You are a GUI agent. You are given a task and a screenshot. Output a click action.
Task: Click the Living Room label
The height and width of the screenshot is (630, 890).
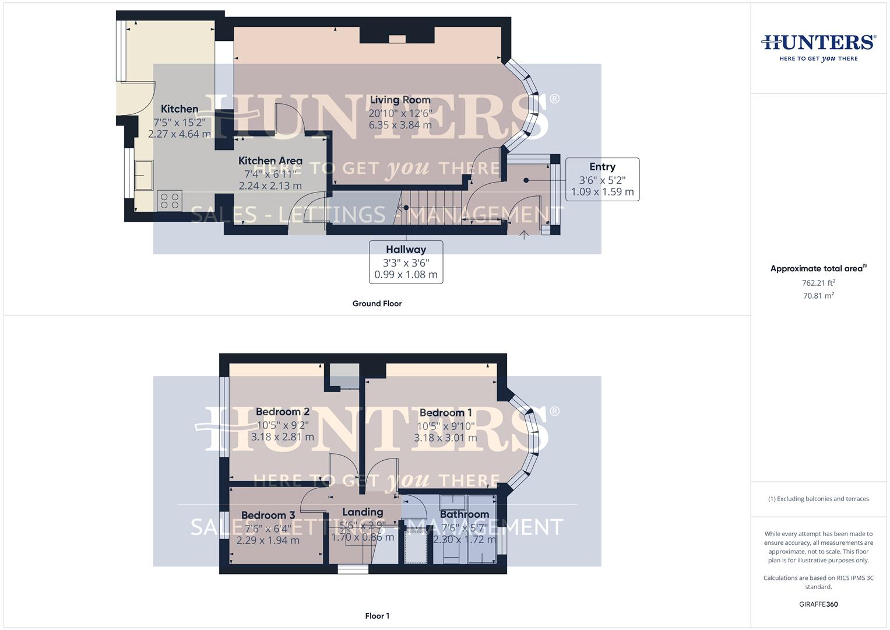[x=400, y=100]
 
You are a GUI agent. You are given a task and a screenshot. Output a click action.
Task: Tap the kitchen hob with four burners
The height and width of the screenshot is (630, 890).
[x=170, y=201]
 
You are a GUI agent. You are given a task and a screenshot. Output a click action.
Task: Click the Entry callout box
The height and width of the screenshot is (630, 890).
[x=602, y=179]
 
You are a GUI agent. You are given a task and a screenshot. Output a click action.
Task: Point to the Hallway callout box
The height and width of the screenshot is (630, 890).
[x=406, y=262]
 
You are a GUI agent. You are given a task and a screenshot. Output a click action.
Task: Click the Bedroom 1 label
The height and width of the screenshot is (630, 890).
[x=445, y=413]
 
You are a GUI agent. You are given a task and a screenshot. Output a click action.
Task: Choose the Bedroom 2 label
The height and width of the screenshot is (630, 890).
[x=283, y=412]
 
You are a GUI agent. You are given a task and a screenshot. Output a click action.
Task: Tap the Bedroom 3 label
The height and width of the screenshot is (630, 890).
[x=268, y=515]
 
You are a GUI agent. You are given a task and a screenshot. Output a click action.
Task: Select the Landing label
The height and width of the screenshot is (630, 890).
[x=363, y=512]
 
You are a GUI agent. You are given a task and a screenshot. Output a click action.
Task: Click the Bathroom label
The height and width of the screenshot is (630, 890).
[x=464, y=514]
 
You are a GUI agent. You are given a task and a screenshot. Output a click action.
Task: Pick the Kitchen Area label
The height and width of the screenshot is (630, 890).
[x=270, y=160]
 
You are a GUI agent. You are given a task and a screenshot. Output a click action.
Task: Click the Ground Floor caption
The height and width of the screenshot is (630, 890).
[x=377, y=303]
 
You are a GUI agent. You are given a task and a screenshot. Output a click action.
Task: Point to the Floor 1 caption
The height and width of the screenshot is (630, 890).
[x=377, y=616]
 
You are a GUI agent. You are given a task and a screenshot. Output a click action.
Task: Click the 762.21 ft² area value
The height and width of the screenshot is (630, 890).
[x=818, y=283]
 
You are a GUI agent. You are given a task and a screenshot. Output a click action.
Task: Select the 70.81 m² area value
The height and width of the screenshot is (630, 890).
[x=818, y=296]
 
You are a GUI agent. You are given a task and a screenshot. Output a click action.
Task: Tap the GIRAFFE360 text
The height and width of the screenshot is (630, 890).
[x=818, y=604]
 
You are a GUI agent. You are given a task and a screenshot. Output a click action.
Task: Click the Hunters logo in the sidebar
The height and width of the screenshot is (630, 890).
[x=818, y=47]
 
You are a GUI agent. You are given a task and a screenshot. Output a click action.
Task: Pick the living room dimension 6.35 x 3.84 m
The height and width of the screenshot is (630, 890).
[x=400, y=125]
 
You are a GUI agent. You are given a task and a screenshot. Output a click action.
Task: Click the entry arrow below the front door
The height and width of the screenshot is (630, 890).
[x=524, y=235]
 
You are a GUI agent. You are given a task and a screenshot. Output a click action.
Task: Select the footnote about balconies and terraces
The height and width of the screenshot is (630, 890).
[x=818, y=499]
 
